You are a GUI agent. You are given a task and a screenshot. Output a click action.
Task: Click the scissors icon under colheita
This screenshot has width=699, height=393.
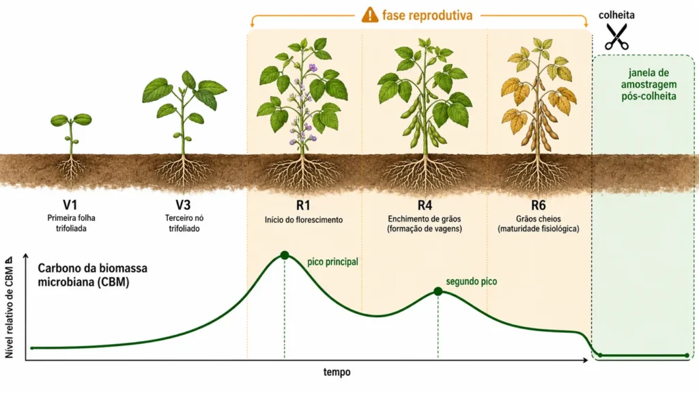point(617,37)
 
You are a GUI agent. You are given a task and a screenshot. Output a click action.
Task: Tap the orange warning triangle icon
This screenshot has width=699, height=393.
point(369,15)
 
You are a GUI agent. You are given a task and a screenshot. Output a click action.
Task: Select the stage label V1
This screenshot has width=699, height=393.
point(70,205)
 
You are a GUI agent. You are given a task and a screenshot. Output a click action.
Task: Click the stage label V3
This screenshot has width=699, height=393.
point(183,205)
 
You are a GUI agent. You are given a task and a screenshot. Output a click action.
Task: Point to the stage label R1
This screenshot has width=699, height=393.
point(303,205)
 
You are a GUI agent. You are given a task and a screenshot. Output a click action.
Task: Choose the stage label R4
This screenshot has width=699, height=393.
point(425,205)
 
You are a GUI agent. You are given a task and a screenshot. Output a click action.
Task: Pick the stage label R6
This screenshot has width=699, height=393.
point(538,205)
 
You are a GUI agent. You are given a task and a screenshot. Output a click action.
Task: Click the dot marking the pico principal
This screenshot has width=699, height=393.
point(285,255)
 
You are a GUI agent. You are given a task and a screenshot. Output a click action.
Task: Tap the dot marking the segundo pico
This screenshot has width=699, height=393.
point(438,291)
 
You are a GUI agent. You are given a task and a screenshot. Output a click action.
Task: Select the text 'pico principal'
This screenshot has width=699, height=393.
point(332,262)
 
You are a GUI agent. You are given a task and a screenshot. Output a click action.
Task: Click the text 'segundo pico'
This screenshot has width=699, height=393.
point(471,282)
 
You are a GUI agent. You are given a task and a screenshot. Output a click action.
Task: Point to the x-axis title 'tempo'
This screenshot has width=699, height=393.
point(337,372)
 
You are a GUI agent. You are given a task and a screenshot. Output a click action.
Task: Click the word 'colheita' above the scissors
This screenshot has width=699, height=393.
point(616,15)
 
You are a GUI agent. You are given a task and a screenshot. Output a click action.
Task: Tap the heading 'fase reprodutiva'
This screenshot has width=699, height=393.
point(427,16)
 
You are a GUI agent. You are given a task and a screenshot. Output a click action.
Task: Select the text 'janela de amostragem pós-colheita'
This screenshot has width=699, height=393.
point(648,85)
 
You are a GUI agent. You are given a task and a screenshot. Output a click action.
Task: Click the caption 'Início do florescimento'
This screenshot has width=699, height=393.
point(304,220)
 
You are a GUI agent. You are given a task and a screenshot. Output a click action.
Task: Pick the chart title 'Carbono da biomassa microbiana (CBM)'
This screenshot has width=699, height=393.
point(92,276)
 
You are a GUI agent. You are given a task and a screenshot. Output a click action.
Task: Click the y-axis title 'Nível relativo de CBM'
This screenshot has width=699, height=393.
point(9,308)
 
